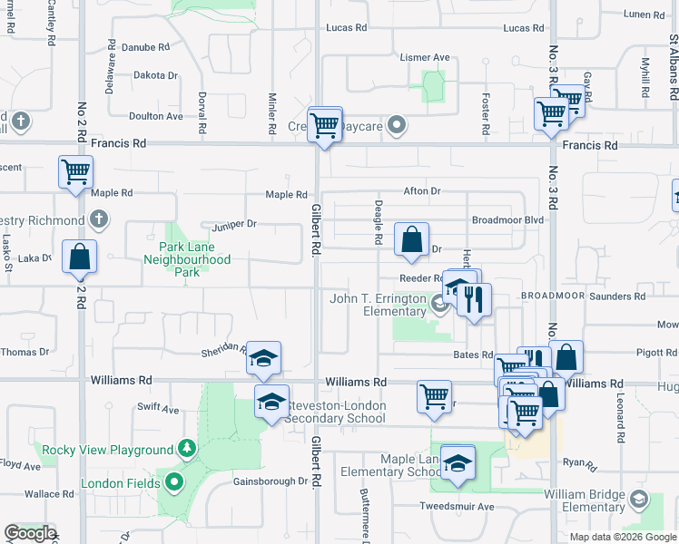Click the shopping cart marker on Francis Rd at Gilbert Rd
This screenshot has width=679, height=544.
325,127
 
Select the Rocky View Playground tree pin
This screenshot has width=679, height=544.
187,448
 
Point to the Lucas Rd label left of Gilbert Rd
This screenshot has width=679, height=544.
348,28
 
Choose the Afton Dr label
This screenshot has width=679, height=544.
422,191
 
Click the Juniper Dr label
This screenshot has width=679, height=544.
235,224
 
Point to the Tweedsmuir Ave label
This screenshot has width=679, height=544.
456,506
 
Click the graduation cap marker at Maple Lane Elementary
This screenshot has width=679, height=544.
458,462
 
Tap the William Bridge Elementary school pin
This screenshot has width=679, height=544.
640,500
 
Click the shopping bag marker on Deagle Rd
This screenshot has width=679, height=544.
411,241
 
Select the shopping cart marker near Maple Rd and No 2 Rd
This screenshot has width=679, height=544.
76,172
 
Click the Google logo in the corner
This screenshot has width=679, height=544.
30,533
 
